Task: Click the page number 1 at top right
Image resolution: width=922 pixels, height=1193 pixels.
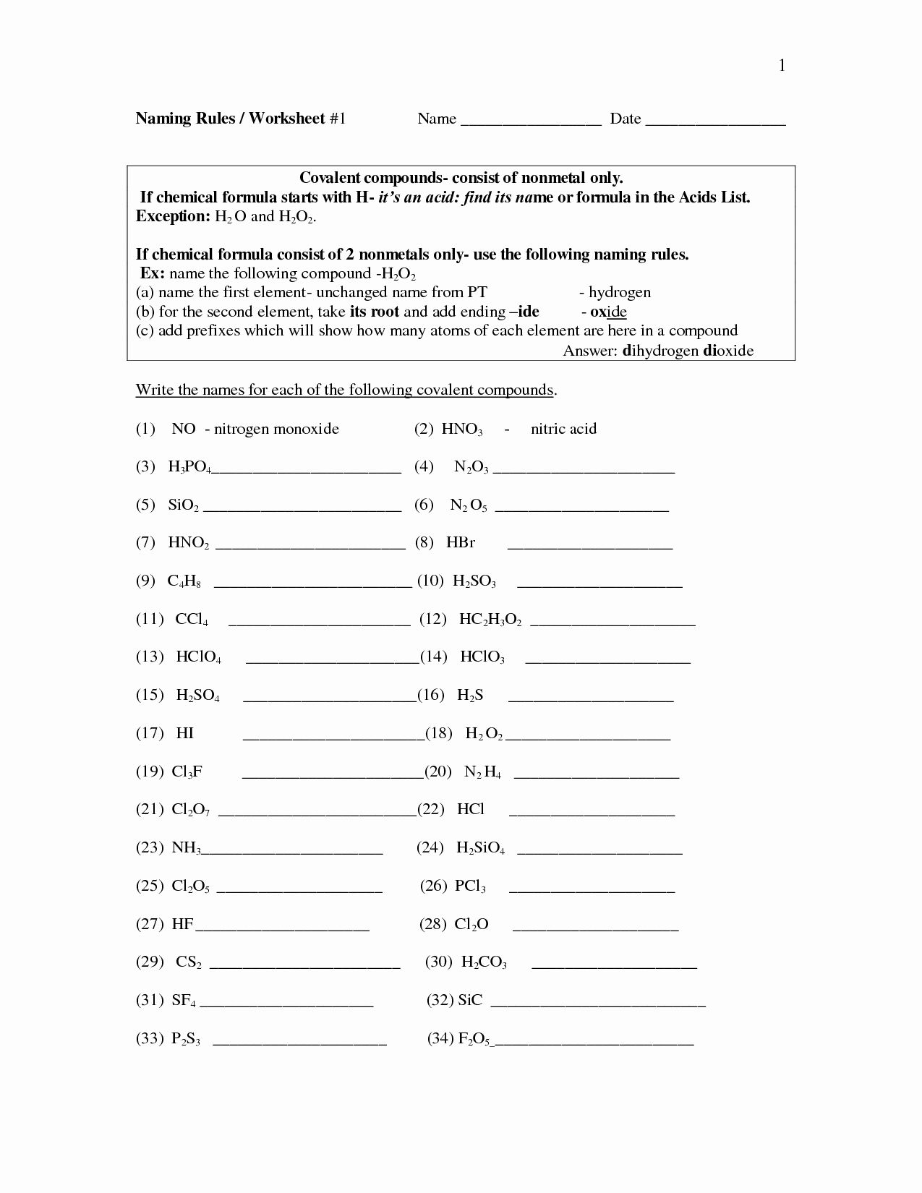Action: [782, 66]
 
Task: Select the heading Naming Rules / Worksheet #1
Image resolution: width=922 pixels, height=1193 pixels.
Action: [241, 119]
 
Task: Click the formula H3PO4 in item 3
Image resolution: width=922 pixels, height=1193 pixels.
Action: [189, 467]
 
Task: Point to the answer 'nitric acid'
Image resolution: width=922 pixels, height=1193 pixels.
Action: [563, 429]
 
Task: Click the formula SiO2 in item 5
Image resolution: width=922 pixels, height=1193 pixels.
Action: [183, 505]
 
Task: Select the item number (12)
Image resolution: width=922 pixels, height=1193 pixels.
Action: [433, 619]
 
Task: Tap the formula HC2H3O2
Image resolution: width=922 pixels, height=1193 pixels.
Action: [490, 620]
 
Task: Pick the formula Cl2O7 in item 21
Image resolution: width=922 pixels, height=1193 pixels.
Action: [190, 810]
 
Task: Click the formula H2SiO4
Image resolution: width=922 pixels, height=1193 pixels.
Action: [480, 848]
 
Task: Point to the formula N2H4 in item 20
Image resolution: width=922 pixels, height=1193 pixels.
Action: [482, 772]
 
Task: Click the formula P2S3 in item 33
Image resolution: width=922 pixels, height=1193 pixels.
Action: [186, 1040]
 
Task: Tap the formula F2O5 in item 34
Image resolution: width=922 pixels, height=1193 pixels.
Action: [474, 1040]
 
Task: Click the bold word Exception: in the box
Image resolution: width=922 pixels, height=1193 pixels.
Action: [172, 216]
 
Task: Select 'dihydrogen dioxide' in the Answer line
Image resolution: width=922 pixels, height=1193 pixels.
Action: [688, 351]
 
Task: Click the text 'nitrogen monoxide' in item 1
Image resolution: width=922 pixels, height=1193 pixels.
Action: [276, 429]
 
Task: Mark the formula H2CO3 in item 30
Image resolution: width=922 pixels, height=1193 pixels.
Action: [484, 963]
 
